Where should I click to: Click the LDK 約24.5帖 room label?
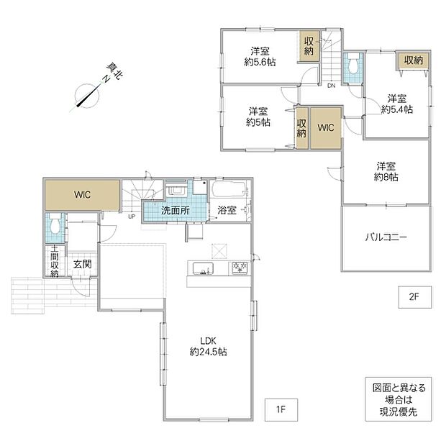208,347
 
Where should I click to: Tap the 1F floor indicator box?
281,409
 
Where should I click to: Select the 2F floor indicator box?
415,297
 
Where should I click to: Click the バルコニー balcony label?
386,237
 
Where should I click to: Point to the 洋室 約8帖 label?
386,171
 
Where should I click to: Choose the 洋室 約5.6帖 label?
260,57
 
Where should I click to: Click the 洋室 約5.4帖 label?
397,104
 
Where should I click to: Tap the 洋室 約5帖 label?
258,117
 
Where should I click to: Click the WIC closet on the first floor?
82,195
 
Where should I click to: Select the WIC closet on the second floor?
326,128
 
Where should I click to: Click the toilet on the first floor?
55,224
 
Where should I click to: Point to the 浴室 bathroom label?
227,211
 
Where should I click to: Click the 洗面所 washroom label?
176,211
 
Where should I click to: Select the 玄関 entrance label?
83,264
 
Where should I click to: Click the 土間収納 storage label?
55,261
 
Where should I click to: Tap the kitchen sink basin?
203,268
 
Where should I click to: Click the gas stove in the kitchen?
240,268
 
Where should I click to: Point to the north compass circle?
87,96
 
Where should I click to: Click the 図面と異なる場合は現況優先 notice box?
399,399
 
